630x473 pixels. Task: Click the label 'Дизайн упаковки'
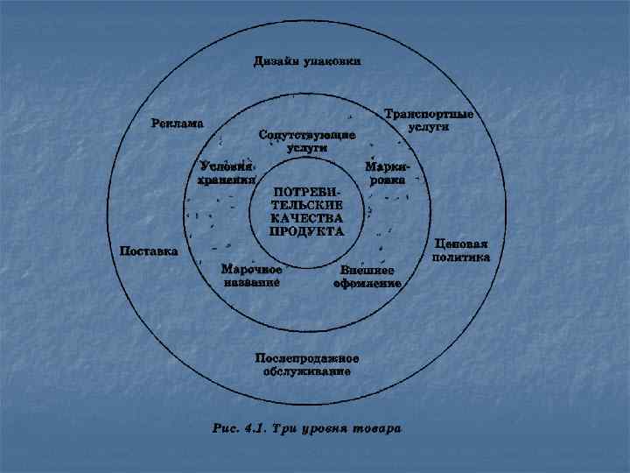coord(307,61)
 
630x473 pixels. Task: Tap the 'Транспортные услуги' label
coord(429,120)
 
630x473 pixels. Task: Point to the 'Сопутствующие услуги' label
coord(307,142)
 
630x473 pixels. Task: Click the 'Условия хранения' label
coord(225,173)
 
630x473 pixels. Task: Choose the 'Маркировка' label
coord(386,172)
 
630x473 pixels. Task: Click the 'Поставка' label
coord(148,251)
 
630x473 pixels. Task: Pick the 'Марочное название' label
coord(251,276)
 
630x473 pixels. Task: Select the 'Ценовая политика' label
coord(460,251)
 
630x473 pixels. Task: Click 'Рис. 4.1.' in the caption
coord(240,429)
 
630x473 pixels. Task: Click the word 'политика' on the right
coord(460,258)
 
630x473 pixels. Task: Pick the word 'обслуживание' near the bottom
coord(307,371)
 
